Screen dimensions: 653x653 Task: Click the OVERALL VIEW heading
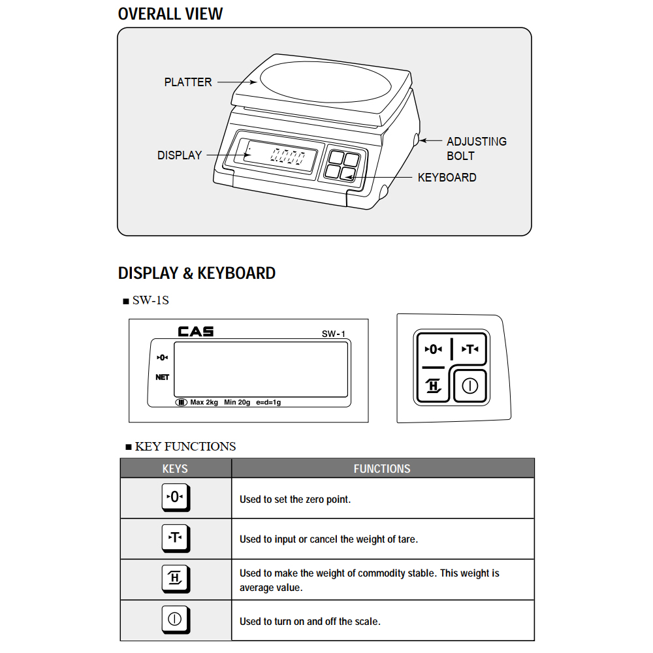click(x=170, y=14)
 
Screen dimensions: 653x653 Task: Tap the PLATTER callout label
click(x=188, y=82)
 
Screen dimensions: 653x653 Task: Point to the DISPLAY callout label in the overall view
click(x=180, y=155)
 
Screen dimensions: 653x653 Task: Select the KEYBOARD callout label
click(x=447, y=177)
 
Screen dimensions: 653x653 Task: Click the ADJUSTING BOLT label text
click(x=476, y=148)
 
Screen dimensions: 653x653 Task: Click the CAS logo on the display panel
click(x=196, y=332)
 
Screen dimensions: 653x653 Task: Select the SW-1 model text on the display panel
click(x=333, y=334)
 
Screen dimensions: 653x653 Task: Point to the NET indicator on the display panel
click(x=163, y=377)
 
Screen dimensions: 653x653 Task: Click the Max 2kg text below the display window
click(x=204, y=402)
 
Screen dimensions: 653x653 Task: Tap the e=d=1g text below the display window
click(x=268, y=402)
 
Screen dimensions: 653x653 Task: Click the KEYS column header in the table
click(x=175, y=468)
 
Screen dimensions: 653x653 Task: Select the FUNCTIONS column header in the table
click(x=382, y=468)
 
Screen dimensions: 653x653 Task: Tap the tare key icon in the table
click(x=175, y=538)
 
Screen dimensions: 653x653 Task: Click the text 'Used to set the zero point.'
click(x=295, y=500)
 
